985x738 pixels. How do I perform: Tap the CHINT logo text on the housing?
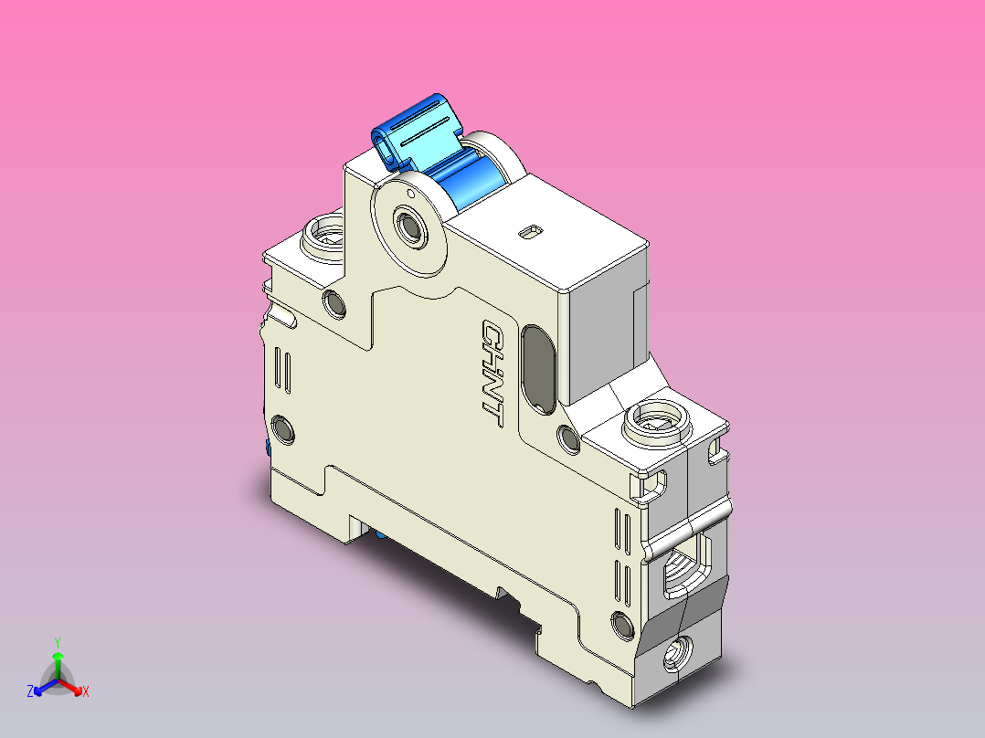492,373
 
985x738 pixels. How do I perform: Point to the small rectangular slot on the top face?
528,233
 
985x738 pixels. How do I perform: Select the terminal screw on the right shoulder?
655,422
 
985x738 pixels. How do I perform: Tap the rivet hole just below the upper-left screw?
334,303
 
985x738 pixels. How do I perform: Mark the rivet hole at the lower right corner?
623,625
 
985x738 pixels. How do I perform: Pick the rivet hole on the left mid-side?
283,429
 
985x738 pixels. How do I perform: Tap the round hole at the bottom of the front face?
678,654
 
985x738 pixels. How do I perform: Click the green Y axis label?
57,641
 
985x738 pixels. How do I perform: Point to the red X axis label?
86,692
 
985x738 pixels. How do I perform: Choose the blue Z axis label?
30,691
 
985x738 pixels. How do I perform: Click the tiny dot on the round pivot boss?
411,194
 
